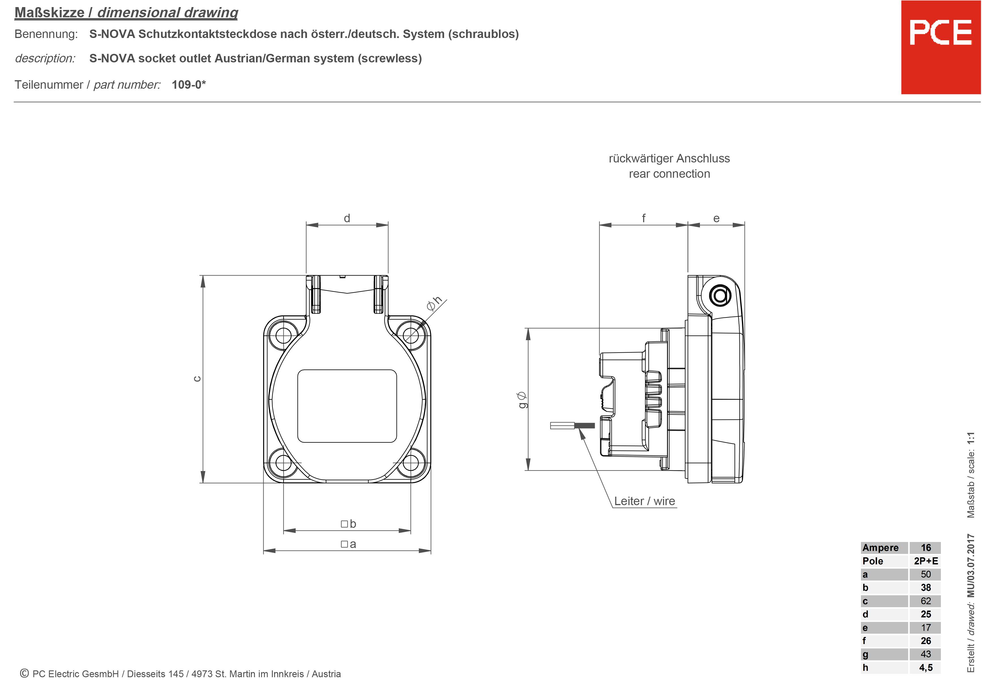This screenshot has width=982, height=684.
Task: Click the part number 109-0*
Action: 189,85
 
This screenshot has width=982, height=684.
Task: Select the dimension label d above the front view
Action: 347,219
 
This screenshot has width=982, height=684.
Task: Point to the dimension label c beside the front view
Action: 197,379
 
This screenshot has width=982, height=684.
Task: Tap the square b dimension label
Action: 349,524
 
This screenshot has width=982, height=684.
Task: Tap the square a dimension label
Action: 349,544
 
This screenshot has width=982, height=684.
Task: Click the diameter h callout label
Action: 434,303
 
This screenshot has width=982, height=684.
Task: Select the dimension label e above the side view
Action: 716,219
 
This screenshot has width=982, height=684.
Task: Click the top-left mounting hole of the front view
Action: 283,335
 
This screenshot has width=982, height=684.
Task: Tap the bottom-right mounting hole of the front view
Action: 410,463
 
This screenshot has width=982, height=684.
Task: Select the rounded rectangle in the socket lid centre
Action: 347,406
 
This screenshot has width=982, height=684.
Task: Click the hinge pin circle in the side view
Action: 720,295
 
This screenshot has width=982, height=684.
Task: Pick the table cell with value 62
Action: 926,601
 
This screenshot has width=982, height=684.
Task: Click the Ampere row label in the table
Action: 880,548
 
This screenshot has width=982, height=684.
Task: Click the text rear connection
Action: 669,174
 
